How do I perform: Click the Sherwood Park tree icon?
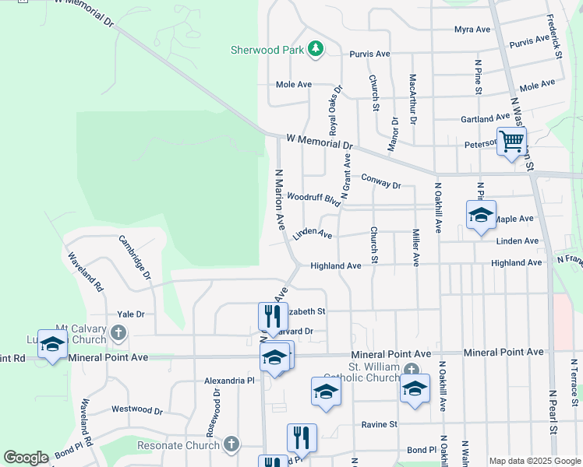(316, 50)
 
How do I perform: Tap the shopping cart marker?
(511, 142)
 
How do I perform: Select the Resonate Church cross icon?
(230, 444)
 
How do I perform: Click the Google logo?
(26, 458)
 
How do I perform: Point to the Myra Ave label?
(472, 30)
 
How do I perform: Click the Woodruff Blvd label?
(314, 198)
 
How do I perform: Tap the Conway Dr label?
(381, 181)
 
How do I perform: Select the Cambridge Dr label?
(136, 258)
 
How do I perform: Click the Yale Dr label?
(131, 314)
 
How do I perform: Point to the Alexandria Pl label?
(229, 381)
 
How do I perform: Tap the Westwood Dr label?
(136, 409)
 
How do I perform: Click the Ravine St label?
(380, 424)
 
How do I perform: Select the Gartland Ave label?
(485, 118)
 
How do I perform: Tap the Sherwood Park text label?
(267, 50)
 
